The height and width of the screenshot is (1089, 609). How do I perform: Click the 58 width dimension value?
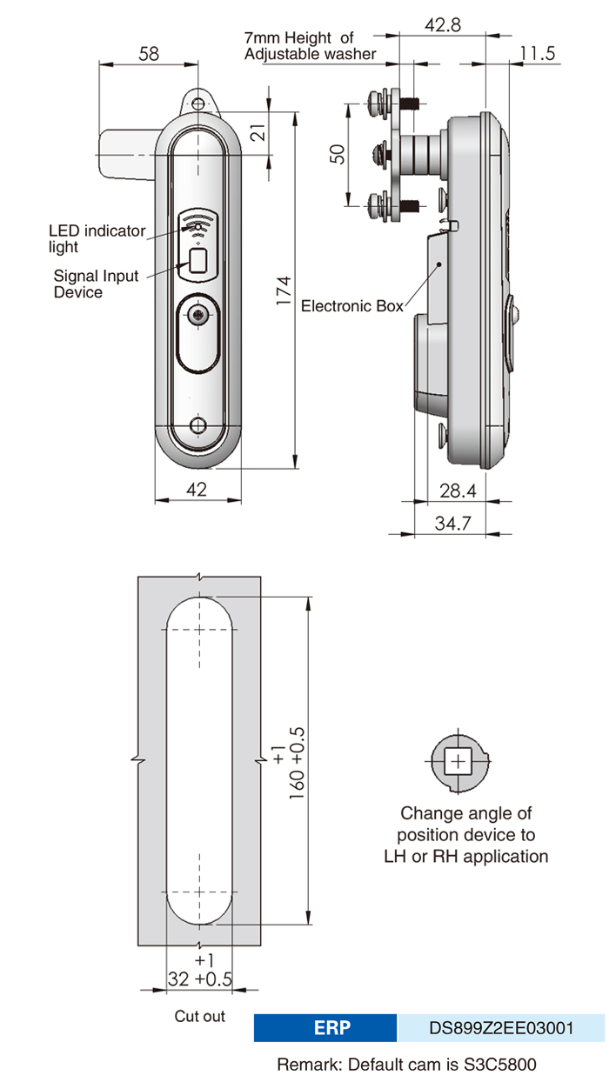coord(149,54)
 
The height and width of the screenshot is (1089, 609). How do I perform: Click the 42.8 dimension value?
coord(442,25)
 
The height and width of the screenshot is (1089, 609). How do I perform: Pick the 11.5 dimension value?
coord(538,54)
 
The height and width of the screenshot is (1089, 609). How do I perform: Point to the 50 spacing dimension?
coord(338,154)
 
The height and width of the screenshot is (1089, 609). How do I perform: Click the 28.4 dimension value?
coord(458,491)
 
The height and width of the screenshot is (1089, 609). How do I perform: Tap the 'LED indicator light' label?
coord(96,238)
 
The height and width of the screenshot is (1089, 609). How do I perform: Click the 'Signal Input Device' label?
coord(96,284)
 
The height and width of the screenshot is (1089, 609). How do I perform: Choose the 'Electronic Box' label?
coord(352,306)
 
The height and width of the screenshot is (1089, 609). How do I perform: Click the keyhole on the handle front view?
coord(199,317)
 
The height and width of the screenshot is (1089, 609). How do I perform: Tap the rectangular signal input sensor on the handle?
coord(198,261)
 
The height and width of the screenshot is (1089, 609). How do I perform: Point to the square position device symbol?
coord(457,762)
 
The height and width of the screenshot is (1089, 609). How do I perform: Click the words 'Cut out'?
coord(199,1016)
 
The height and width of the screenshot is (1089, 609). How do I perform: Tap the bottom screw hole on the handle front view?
coord(199,426)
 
